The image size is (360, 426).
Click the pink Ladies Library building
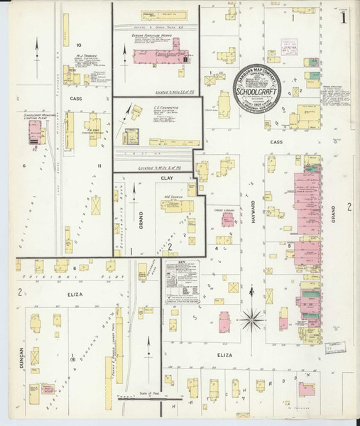pos(228,220)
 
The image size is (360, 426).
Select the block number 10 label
pos(79,45)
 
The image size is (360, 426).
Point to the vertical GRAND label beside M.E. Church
pos(141,211)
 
